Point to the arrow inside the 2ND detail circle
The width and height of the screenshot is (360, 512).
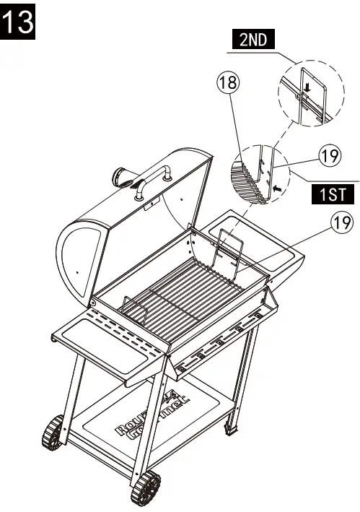[x=306, y=88]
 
